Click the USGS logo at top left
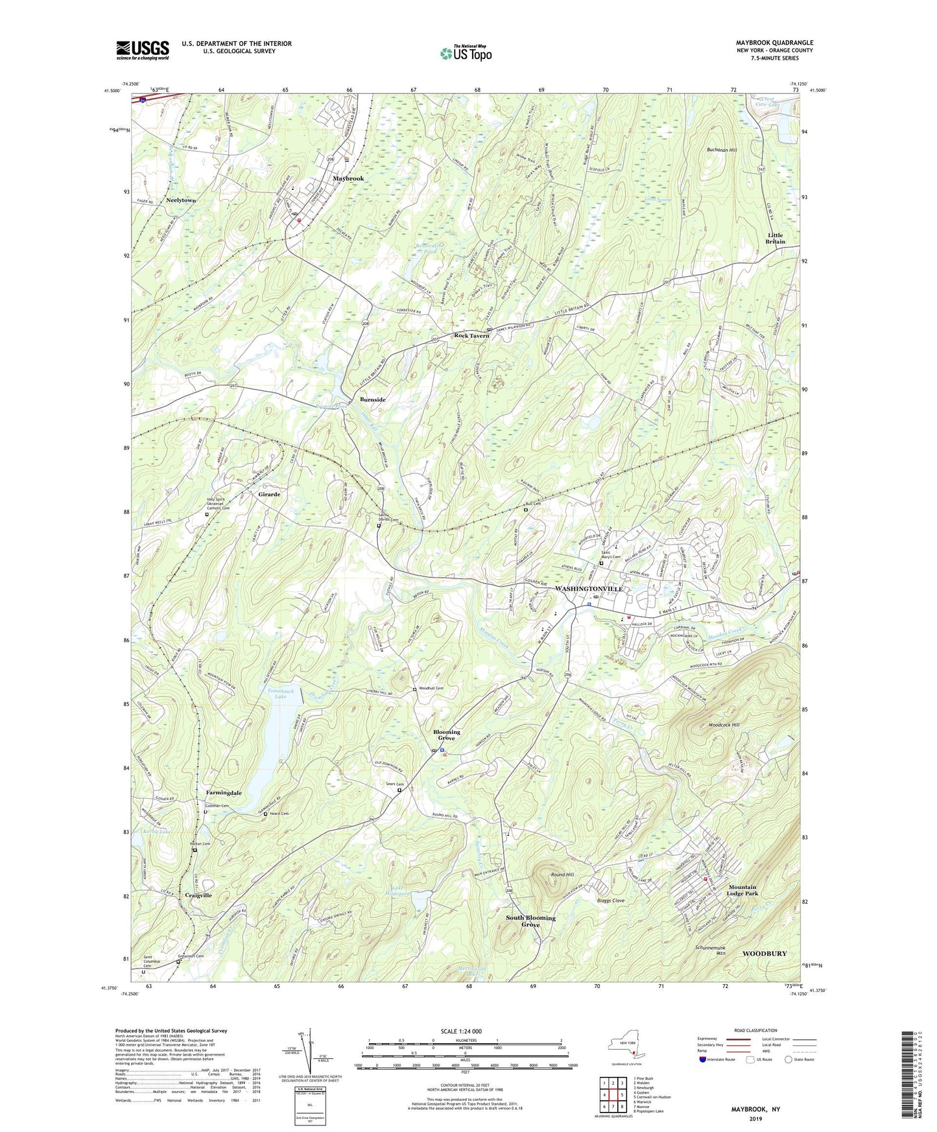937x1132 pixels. coord(143,50)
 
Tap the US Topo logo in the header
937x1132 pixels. coord(465,53)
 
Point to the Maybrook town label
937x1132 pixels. coord(348,178)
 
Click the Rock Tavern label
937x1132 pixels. coord(471,335)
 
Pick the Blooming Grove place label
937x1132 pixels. coord(446,735)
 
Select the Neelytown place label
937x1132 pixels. coord(181,200)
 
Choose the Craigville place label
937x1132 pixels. coord(198,895)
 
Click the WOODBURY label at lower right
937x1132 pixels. coord(765,954)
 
